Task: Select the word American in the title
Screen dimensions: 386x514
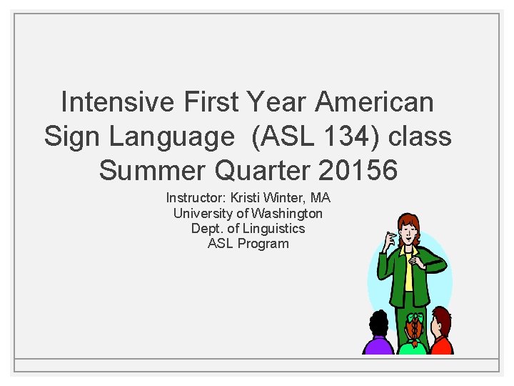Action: click(374, 102)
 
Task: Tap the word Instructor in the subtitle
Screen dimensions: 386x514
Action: click(194, 198)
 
